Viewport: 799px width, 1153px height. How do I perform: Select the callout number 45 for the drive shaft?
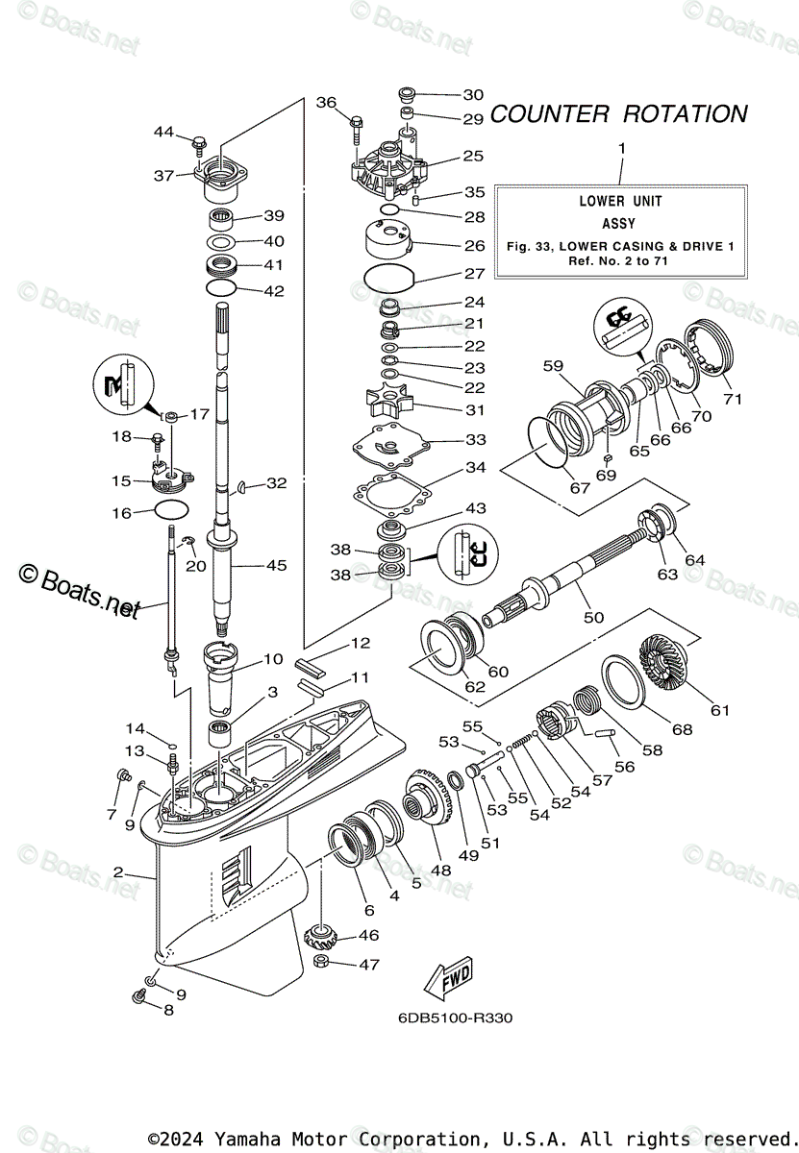click(276, 566)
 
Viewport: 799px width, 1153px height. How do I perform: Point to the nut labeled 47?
click(323, 964)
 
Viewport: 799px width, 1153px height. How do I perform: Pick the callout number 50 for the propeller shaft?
click(594, 617)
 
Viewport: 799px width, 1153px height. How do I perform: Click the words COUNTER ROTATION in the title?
click(618, 113)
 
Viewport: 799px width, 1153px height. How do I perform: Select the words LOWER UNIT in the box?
click(620, 201)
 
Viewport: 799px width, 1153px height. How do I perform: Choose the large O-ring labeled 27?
click(389, 282)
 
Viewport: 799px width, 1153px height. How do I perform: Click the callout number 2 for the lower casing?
click(118, 872)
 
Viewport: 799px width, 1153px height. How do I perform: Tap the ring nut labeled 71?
click(718, 349)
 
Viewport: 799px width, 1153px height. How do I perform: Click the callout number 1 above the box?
click(621, 148)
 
